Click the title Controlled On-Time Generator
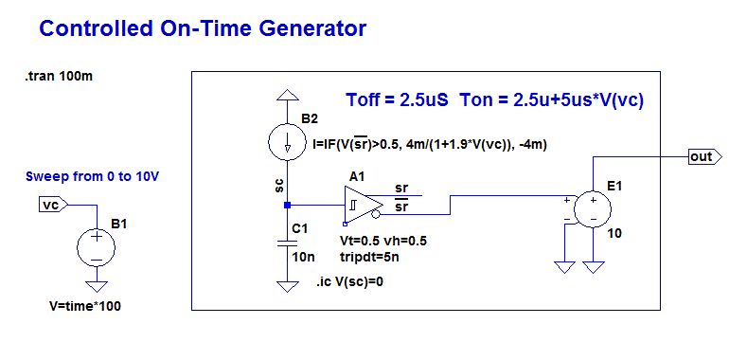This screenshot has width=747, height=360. (x=203, y=28)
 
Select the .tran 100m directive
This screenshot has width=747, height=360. (x=59, y=77)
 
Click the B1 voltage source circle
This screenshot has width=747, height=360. (x=97, y=247)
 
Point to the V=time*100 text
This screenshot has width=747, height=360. (x=85, y=306)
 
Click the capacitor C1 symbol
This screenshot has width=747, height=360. (x=287, y=243)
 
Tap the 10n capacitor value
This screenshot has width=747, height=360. (x=304, y=257)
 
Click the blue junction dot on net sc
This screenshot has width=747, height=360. (x=287, y=205)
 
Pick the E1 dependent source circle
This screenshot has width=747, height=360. (x=593, y=208)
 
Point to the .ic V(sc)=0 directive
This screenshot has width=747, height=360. (x=349, y=281)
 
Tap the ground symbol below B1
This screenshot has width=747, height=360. (x=97, y=285)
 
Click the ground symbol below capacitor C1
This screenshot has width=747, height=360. (x=287, y=285)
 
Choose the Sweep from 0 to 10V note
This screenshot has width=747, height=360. (x=92, y=176)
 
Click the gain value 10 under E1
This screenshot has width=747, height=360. (x=614, y=233)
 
